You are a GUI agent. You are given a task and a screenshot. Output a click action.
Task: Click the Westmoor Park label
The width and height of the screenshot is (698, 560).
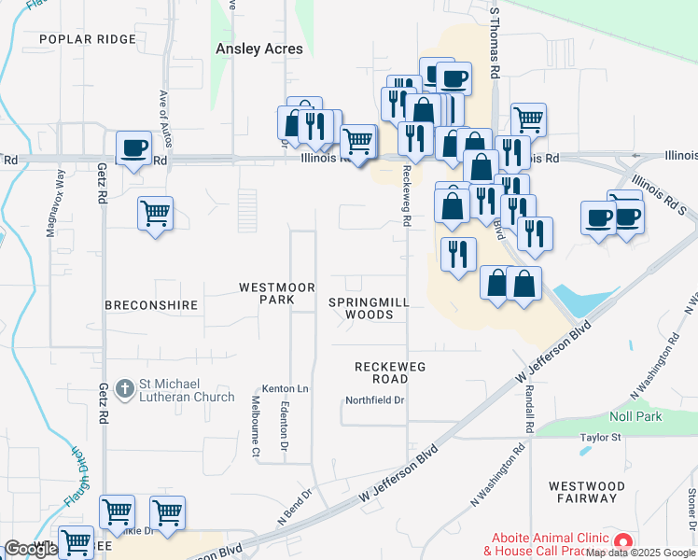pyautogui.click(x=277, y=293)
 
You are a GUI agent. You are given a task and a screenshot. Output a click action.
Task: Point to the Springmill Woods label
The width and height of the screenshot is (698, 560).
pyautogui.click(x=369, y=308)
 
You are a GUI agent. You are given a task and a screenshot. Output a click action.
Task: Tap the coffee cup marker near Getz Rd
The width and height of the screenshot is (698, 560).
pyautogui.click(x=134, y=147)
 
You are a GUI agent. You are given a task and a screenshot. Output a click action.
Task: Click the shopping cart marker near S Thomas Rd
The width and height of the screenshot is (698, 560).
pyautogui.click(x=528, y=119)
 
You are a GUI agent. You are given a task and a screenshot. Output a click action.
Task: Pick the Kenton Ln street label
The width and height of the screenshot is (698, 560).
pyautogui.click(x=285, y=388)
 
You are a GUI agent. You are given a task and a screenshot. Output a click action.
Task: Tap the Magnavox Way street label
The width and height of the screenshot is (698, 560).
pyautogui.click(x=52, y=203)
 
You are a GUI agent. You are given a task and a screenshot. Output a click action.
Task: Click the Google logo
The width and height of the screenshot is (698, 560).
pyautogui.click(x=31, y=549)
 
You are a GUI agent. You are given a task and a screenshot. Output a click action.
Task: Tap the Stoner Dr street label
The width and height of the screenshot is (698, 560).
pyautogui.click(x=691, y=509)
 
